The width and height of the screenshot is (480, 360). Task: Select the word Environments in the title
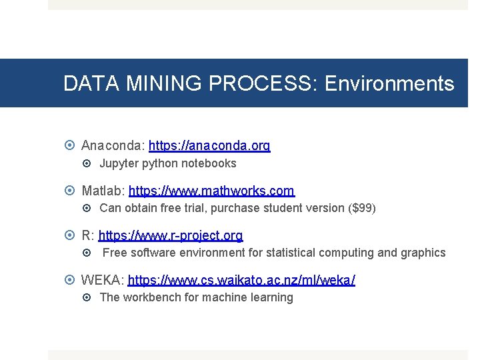(389, 84)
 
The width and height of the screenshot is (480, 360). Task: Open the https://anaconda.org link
(209, 145)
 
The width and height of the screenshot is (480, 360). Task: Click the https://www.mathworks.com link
(211, 191)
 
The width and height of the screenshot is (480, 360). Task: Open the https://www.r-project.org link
(170, 235)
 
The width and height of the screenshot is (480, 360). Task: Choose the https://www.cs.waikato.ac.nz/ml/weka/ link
(241, 280)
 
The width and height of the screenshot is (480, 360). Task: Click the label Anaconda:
(113, 145)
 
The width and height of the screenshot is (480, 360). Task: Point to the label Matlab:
(103, 191)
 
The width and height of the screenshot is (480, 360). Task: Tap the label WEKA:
(102, 280)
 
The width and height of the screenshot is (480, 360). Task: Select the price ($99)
(362, 208)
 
